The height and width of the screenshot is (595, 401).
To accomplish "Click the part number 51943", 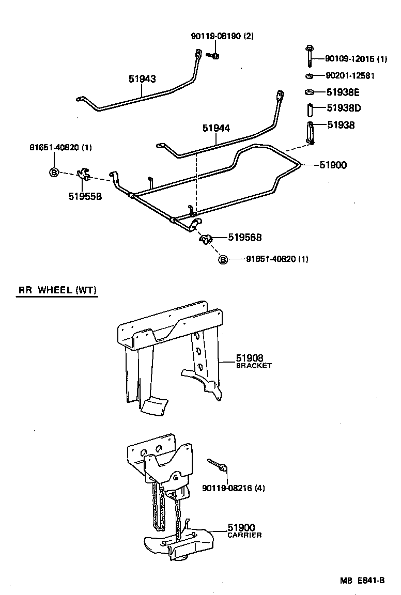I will (142, 79).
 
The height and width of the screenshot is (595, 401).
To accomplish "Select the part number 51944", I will (216, 128).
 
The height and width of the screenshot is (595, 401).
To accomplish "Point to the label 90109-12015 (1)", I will (356, 59).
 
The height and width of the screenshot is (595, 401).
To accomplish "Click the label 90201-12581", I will (350, 76).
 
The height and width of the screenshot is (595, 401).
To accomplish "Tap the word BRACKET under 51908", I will (254, 365).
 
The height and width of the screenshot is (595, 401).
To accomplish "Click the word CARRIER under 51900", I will (244, 535).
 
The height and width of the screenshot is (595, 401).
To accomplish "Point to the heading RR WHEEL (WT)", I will (57, 290).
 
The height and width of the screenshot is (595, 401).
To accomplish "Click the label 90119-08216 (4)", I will (234, 488).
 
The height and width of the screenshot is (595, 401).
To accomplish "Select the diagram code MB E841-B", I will (362, 580).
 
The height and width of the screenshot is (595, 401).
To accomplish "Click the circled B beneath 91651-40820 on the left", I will (54, 173).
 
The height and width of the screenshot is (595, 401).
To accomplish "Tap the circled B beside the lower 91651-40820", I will (223, 259).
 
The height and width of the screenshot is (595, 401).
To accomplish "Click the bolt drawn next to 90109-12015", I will (307, 56).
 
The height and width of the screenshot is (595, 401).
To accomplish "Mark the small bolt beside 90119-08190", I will (213, 54).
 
